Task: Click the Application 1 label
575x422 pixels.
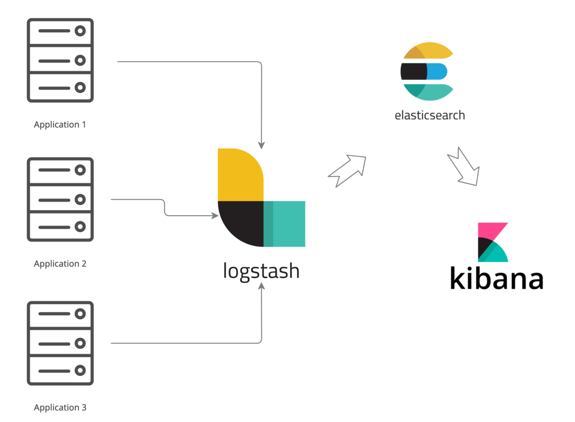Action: coord(60,124)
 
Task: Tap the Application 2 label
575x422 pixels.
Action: coord(60,264)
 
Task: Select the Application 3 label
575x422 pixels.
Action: coord(60,407)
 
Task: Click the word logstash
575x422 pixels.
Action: coord(261,271)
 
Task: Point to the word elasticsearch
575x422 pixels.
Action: coord(429,115)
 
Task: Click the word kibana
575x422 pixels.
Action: coord(496,279)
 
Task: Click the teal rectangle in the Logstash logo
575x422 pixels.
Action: coord(286,224)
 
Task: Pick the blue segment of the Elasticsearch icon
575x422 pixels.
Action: coord(437,72)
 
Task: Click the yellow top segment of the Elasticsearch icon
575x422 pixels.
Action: coord(431,51)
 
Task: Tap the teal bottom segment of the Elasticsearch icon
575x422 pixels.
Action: coord(431,92)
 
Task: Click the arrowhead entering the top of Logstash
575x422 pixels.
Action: coord(261,145)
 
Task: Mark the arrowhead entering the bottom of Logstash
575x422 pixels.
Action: coord(261,287)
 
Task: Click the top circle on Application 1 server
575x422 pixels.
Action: coord(80,31)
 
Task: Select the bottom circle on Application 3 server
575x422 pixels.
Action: coord(80,371)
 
